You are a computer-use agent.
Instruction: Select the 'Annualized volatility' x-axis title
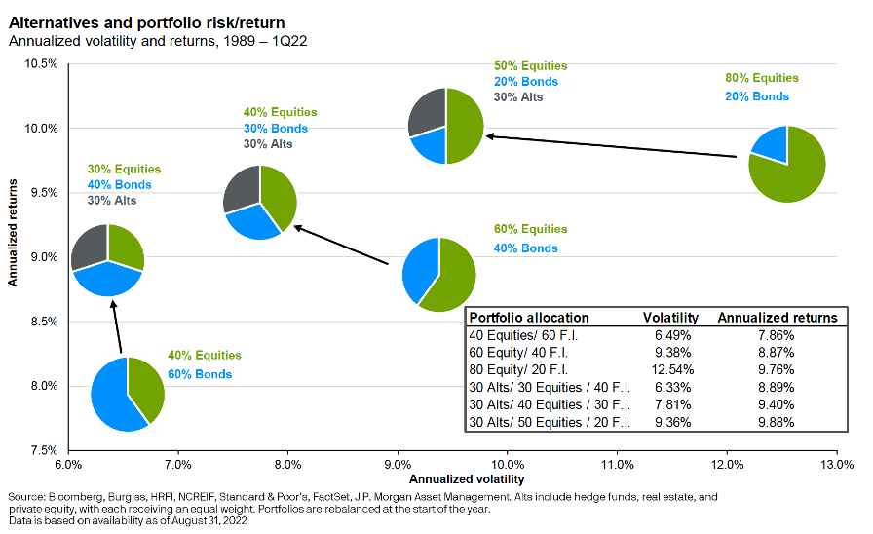(x=454, y=478)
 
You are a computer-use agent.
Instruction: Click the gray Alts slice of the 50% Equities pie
(x=426, y=111)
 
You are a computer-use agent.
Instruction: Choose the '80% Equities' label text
(x=761, y=78)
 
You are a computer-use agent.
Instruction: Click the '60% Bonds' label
(x=199, y=374)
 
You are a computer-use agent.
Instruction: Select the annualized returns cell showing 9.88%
(x=776, y=422)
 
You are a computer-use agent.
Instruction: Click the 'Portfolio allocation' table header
(x=529, y=318)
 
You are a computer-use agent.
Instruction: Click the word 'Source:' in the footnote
(x=26, y=497)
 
